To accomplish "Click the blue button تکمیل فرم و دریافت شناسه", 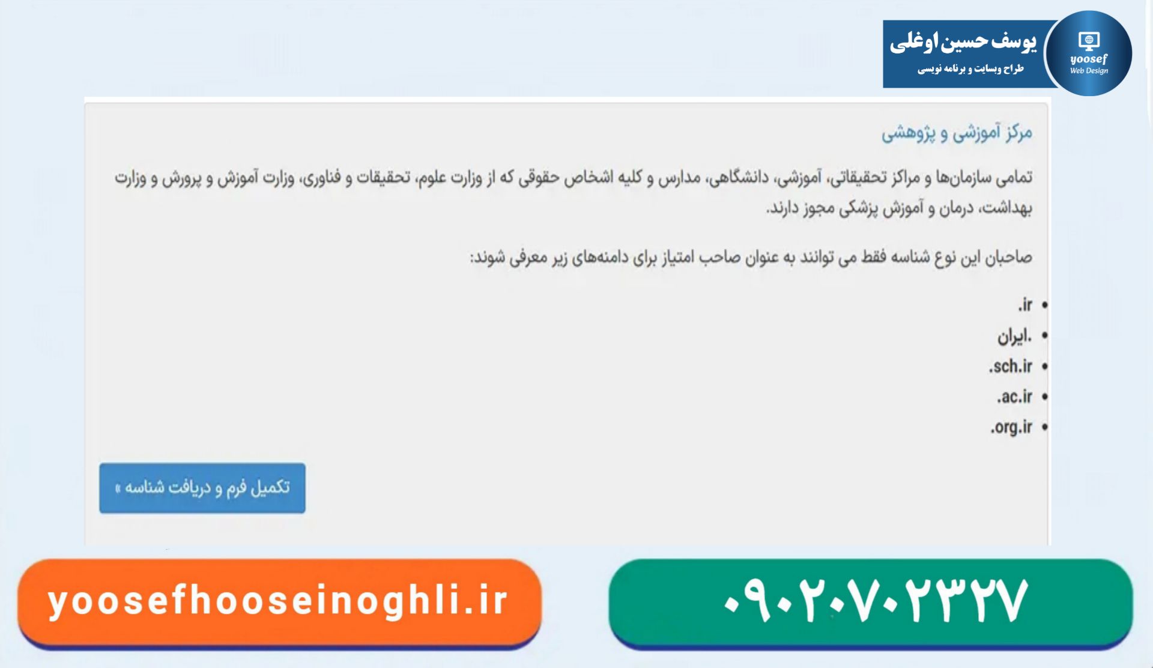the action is tap(202, 488).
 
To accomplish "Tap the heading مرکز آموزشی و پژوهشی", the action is tap(957, 133).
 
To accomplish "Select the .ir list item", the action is tap(1025, 305).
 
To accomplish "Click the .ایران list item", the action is tap(1015, 336).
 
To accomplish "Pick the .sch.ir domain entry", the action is tap(1011, 366).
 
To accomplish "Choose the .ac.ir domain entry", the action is tap(1015, 396).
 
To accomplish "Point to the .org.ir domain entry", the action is tap(1011, 427).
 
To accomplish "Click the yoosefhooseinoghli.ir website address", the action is tap(278, 601).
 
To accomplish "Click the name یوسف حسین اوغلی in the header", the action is tap(963, 42).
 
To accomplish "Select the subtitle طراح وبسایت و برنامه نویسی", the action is tap(970, 69).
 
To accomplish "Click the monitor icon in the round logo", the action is tap(1089, 41).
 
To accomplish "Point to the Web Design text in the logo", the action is tap(1089, 71).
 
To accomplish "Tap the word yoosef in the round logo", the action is tap(1089, 59).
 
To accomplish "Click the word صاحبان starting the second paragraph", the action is tap(1008, 258).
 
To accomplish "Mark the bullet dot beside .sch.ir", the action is tap(1045, 366).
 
